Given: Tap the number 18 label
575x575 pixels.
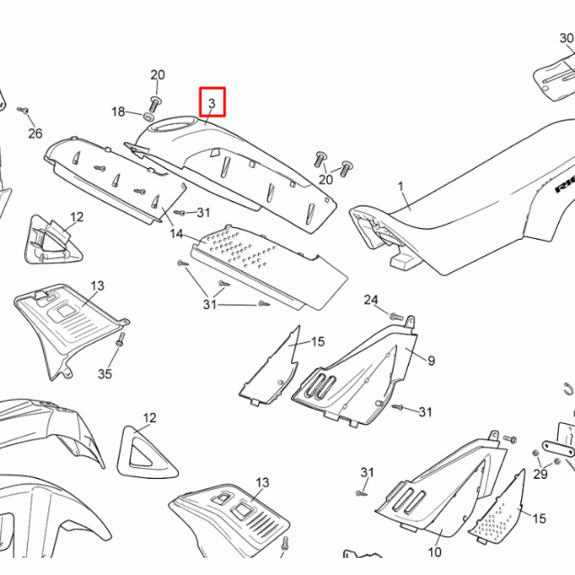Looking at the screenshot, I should tap(119, 112).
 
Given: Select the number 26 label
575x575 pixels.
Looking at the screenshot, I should tap(35, 134).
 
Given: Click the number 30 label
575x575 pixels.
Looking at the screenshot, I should tap(566, 39).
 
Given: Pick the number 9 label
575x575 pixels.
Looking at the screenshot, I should tap(431, 360).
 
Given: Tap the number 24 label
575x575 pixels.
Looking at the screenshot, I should tap(371, 299).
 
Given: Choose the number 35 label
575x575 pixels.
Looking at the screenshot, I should tap(105, 373).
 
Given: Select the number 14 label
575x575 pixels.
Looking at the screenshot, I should tap(177, 234).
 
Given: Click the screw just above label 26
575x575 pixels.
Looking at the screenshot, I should tap(23, 111).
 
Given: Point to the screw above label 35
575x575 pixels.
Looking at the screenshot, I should tap(120, 341).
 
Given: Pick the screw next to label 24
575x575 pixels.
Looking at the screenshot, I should tap(394, 315).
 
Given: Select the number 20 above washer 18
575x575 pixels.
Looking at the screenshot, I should tap(157, 75).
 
